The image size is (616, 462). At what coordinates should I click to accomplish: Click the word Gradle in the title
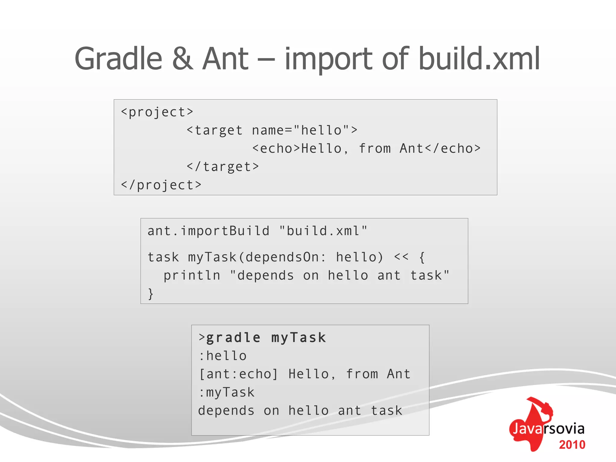click(x=118, y=59)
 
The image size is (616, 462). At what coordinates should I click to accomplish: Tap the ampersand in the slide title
click(x=183, y=59)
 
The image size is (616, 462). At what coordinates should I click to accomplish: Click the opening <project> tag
click(x=157, y=112)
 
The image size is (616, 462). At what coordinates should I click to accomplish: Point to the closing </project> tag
click(x=161, y=185)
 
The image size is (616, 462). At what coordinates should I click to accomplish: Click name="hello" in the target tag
click(x=300, y=131)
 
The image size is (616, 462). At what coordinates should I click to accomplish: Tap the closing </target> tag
click(x=223, y=167)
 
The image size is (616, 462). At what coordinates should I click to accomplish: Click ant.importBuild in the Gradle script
click(x=208, y=231)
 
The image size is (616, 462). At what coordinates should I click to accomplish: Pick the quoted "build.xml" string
click(x=323, y=231)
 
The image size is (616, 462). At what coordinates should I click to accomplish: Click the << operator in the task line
click(x=401, y=257)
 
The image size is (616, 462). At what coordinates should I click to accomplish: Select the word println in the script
click(x=192, y=276)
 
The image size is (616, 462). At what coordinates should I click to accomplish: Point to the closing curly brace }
click(x=151, y=294)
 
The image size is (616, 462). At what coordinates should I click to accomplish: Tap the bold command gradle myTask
click(x=266, y=338)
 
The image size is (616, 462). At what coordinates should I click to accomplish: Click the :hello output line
click(x=223, y=356)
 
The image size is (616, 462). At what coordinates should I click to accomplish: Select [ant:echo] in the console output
click(x=239, y=374)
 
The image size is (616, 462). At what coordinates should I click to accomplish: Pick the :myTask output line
click(x=226, y=393)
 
